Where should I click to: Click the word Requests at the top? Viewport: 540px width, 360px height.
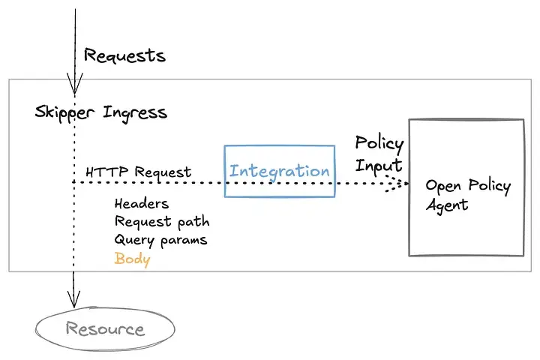[x=124, y=55]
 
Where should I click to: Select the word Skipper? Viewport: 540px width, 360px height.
[x=64, y=113]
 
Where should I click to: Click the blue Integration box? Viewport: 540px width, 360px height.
[x=280, y=171]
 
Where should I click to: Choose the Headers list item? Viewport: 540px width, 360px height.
[x=142, y=203]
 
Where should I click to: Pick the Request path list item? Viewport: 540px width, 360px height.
[x=162, y=222]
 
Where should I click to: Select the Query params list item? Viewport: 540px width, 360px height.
[x=160, y=240]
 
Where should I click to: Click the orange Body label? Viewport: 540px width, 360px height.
[x=132, y=259]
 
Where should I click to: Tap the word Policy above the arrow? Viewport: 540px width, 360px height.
[x=379, y=143]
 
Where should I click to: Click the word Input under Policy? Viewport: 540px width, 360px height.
[x=378, y=164]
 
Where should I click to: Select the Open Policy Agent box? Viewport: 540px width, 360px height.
[x=466, y=187]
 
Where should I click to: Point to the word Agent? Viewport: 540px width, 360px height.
[x=447, y=205]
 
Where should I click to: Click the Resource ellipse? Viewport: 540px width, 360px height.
[x=104, y=328]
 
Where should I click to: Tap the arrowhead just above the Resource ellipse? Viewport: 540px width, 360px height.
[x=74, y=298]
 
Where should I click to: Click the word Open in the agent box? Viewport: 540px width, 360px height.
[x=442, y=186]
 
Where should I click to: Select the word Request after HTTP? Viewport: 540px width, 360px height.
[x=163, y=172]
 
